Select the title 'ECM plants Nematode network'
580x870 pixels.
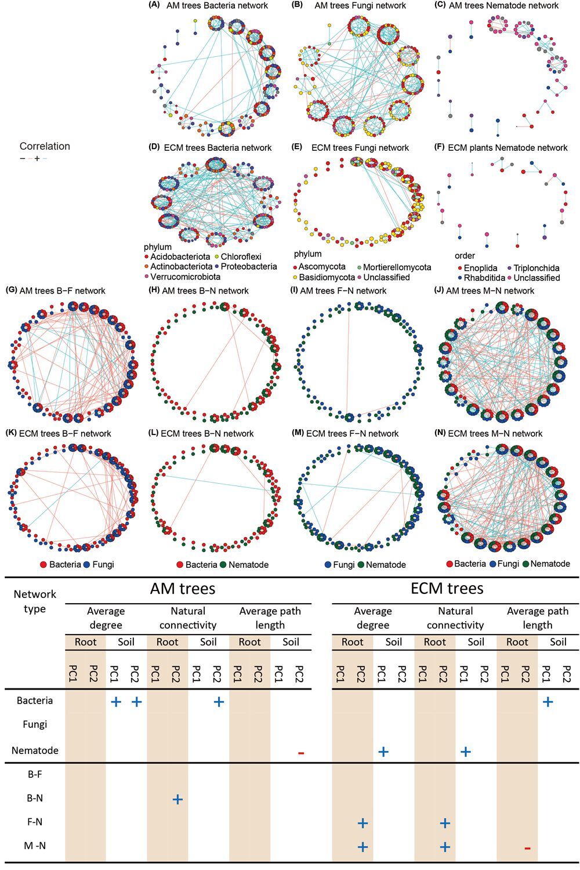tap(507, 147)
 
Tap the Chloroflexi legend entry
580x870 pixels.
tap(238, 257)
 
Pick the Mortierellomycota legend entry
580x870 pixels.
tap(394, 267)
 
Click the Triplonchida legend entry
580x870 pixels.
tap(534, 268)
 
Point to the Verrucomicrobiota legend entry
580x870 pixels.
tap(182, 277)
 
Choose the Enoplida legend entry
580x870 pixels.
tap(476, 268)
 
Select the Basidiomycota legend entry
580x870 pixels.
tap(324, 277)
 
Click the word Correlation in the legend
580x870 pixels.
tap(45, 146)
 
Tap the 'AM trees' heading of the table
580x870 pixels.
tap(183, 589)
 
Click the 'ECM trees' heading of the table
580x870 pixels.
tap(447, 589)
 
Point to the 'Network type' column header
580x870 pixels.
tap(35, 601)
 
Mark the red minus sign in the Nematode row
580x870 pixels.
tap(300, 753)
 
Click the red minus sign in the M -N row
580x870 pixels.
tap(527, 848)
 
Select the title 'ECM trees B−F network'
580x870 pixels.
tap(66, 433)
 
